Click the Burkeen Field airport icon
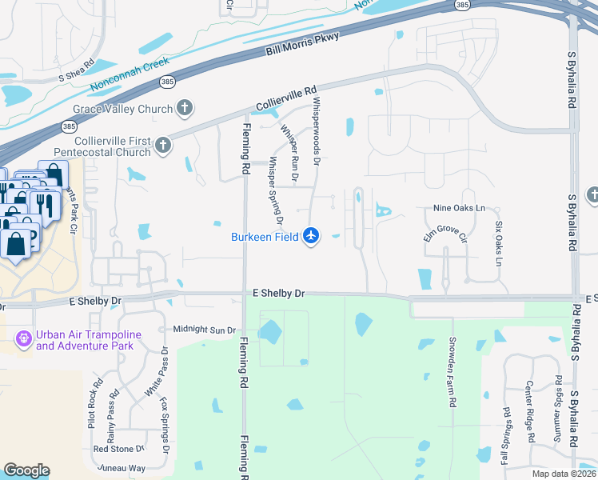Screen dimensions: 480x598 pos(311,236)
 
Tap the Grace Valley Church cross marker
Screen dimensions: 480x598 pos(185,108)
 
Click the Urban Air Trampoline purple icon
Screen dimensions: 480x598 pos(24,340)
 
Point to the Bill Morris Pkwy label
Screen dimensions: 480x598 pos(302,45)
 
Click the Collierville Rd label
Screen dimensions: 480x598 pos(287,98)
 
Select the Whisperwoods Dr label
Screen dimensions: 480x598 pos(317,131)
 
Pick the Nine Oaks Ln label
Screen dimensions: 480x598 pos(459,208)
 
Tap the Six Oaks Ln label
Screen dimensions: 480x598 pos(498,244)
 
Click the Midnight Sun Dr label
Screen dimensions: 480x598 pos(204,330)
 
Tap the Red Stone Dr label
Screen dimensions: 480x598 pos(118,449)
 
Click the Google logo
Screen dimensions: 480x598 pos(26,470)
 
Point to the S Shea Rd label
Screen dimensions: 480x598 pos(77,70)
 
